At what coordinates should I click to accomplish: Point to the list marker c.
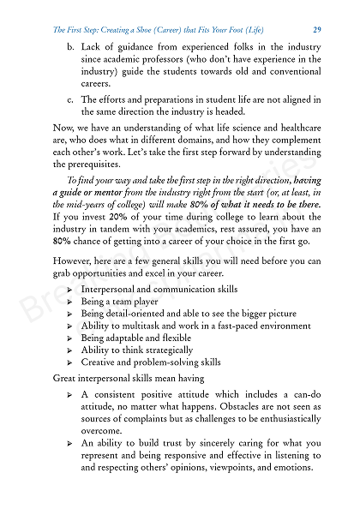70,99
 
